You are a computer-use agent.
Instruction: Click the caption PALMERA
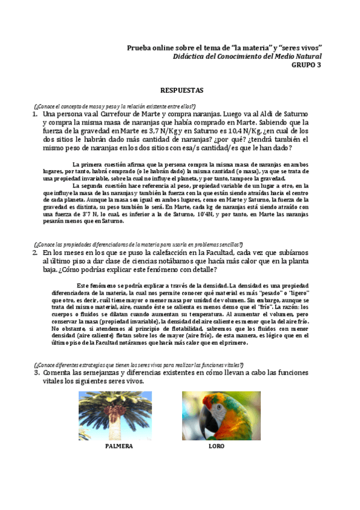[118, 447]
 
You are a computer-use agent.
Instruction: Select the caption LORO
[216, 447]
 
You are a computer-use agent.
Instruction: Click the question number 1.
[35, 113]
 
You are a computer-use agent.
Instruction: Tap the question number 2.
[35, 254]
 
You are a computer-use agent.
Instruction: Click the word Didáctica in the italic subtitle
[189, 57]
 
